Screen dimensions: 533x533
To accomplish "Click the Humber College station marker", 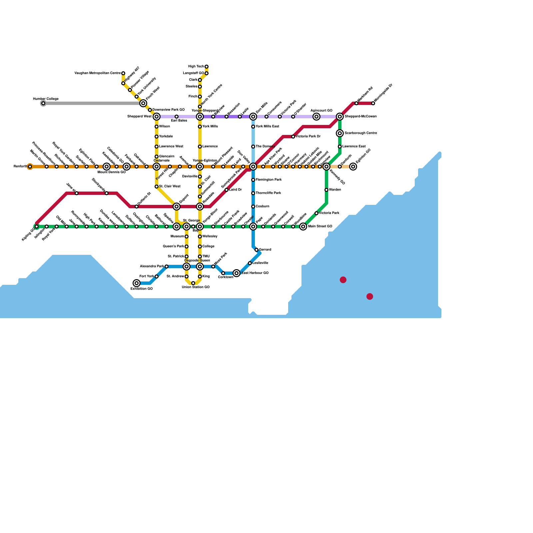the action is (43, 103).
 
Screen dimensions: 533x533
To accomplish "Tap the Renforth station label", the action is (20, 167).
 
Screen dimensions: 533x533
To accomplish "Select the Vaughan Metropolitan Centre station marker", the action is (123, 73).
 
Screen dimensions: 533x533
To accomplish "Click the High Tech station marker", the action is (207, 67).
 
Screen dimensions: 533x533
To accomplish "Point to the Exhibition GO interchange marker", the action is (137, 283).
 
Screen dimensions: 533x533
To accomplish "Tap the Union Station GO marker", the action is (193, 283).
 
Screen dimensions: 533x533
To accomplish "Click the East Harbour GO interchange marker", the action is (237, 273).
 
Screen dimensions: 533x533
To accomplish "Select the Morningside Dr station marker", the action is (373, 103).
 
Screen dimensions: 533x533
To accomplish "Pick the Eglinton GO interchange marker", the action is (353, 167).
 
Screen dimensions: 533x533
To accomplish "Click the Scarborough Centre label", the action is (361, 133).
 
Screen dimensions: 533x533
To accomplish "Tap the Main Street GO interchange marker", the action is (303, 227).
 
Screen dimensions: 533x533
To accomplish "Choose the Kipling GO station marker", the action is (37, 227).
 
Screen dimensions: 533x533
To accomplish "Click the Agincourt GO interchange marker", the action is (316, 117).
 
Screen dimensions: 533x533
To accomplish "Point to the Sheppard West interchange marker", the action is (157, 117).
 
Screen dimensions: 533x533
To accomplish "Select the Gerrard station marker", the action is (257, 250).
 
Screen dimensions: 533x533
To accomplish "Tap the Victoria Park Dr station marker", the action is (293, 137).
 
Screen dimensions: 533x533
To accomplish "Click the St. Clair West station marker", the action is (157, 187).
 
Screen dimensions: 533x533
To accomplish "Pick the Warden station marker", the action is (326, 190).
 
